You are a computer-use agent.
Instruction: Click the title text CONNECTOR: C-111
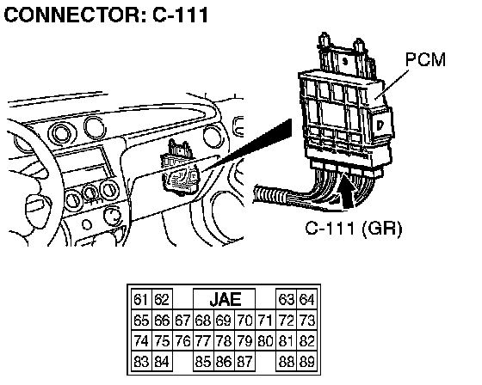107,15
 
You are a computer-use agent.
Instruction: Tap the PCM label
425,59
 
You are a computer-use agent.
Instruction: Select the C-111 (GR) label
354,228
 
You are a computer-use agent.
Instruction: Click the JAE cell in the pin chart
225,299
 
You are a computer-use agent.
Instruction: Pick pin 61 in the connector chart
141,299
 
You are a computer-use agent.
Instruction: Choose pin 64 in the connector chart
306,299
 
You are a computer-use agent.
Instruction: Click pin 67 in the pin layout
182,321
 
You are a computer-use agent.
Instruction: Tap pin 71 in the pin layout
266,321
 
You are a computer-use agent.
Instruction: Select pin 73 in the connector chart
306,321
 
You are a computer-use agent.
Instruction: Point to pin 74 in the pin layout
141,341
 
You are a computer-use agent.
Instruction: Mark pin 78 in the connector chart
224,341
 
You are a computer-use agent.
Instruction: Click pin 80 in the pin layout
266,341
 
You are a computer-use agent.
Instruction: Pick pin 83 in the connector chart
141,361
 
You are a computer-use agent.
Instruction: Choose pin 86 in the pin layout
224,361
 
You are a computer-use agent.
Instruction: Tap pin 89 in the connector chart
306,361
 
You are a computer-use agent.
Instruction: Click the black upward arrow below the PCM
347,190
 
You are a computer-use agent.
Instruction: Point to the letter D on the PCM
380,125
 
